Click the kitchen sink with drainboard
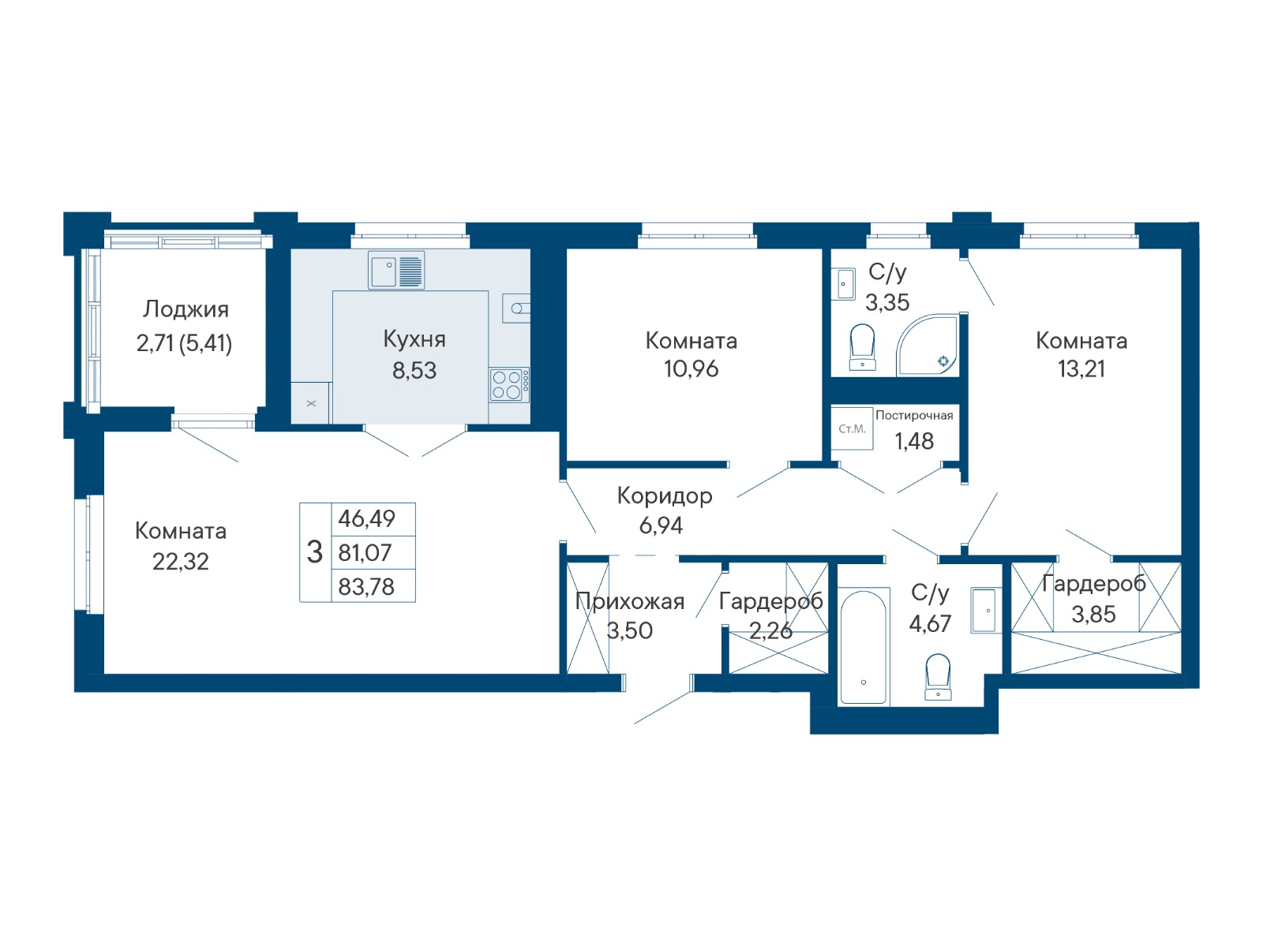[396, 270]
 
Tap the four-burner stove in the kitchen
[508, 384]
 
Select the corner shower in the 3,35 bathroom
[927, 345]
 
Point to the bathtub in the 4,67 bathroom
[863, 646]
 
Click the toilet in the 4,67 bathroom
[937, 676]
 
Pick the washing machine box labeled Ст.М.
[852, 428]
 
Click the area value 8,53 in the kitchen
[414, 371]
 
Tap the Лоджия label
[186, 309]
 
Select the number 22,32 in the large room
[181, 562]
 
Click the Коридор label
[665, 495]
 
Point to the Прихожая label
[629, 601]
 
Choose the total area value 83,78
[366, 586]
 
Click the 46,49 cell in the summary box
[366, 518]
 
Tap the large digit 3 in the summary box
[314, 552]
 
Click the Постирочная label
[914, 415]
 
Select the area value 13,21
[1081, 369]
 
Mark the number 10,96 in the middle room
[691, 369]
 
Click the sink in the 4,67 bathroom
[985, 610]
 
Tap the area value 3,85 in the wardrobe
[1093, 614]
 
